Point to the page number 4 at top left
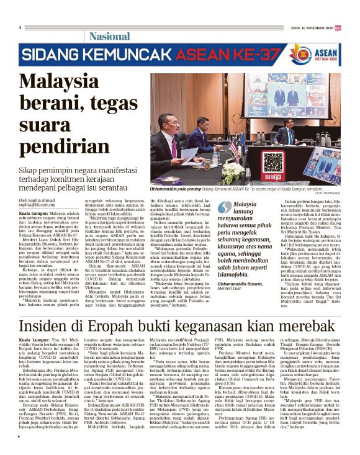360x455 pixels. coord(20,27)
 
